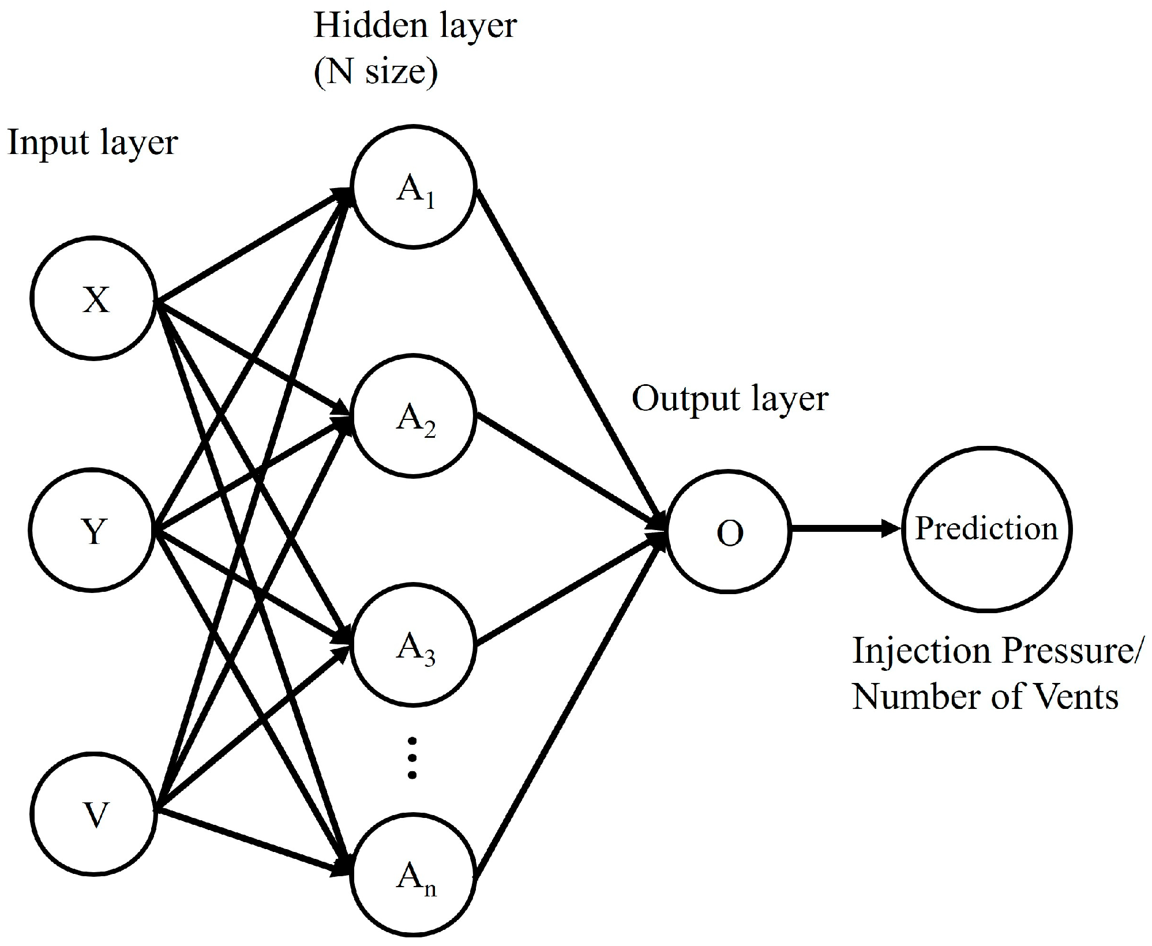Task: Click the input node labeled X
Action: click(x=93, y=299)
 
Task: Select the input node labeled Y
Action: click(x=92, y=530)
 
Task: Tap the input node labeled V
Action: click(x=93, y=814)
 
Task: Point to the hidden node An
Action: click(x=414, y=874)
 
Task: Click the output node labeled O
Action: click(x=729, y=531)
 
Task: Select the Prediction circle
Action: click(x=986, y=528)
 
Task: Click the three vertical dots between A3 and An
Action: click(x=412, y=758)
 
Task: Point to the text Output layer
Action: click(x=730, y=399)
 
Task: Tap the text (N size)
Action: click(x=376, y=73)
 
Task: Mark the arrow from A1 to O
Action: click(x=571, y=358)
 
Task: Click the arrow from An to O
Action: click(x=571, y=704)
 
